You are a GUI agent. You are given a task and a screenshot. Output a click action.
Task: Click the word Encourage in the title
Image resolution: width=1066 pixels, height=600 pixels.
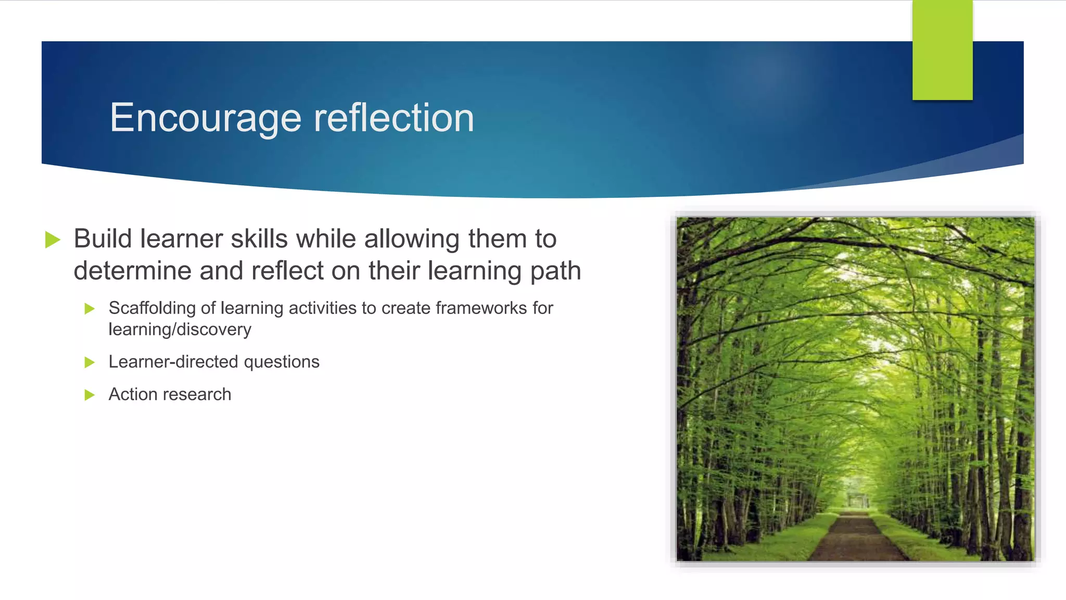(x=205, y=119)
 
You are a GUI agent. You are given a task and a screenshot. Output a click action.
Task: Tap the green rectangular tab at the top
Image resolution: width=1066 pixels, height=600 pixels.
(x=942, y=50)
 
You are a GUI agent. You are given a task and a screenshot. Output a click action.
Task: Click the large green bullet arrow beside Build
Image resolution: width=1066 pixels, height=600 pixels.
(x=53, y=240)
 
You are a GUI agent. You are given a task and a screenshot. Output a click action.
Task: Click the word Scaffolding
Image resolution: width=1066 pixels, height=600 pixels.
(x=152, y=308)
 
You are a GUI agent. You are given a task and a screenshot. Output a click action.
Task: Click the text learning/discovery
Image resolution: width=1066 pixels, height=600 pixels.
(x=180, y=330)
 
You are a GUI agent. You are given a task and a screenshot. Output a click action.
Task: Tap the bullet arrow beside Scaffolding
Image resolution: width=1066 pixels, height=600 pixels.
(x=90, y=309)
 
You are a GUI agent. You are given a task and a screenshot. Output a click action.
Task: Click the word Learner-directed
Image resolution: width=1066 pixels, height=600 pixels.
(x=173, y=362)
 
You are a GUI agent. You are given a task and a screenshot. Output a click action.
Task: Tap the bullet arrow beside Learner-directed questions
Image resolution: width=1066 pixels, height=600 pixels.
(x=90, y=362)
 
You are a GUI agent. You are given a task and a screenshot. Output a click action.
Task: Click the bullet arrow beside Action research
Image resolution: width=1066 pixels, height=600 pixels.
(x=90, y=395)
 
